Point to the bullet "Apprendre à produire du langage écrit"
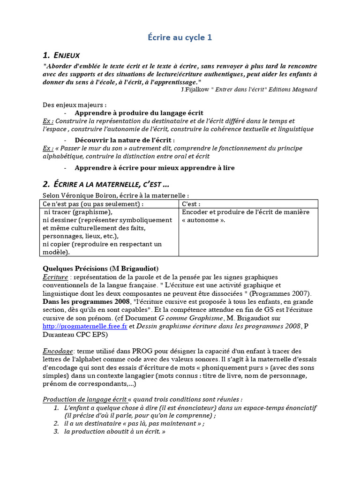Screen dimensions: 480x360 click(x=139, y=113)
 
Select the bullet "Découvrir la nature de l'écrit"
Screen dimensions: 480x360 click(x=124, y=140)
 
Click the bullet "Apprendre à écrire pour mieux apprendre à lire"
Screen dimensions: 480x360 click(x=155, y=167)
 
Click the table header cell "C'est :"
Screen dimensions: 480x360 click(x=191, y=204)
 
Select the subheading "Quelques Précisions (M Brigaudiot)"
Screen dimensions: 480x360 click(x=100, y=269)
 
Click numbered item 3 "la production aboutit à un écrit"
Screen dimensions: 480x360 click(x=115, y=431)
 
